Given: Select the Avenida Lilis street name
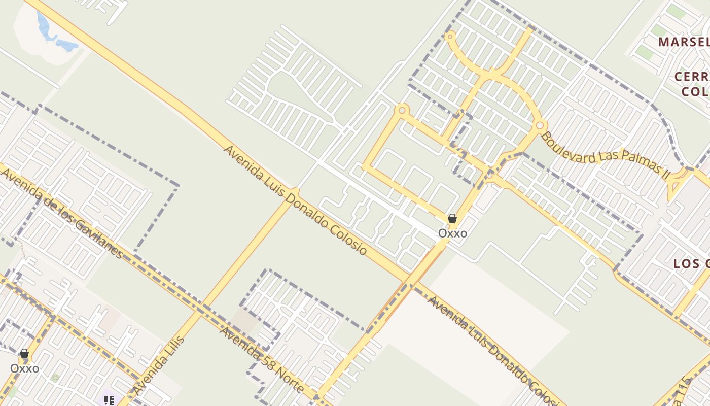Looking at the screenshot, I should click(x=159, y=364).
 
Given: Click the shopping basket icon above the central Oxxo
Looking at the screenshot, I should click(x=452, y=219).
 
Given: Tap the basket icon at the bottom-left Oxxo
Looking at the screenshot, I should click(x=24, y=353).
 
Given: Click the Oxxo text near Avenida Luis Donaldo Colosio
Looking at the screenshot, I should click(x=452, y=233).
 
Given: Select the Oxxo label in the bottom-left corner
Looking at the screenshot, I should click(x=24, y=368).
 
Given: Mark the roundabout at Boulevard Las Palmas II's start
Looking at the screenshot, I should click(x=540, y=125).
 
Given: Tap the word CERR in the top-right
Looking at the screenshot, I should click(x=692, y=77).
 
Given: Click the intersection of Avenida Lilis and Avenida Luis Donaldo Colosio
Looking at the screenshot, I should click(x=294, y=193).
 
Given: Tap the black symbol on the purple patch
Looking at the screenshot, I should click(x=109, y=400).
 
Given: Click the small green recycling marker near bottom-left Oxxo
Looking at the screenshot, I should click(x=55, y=378).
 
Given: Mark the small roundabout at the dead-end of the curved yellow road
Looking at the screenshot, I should click(x=449, y=36).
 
